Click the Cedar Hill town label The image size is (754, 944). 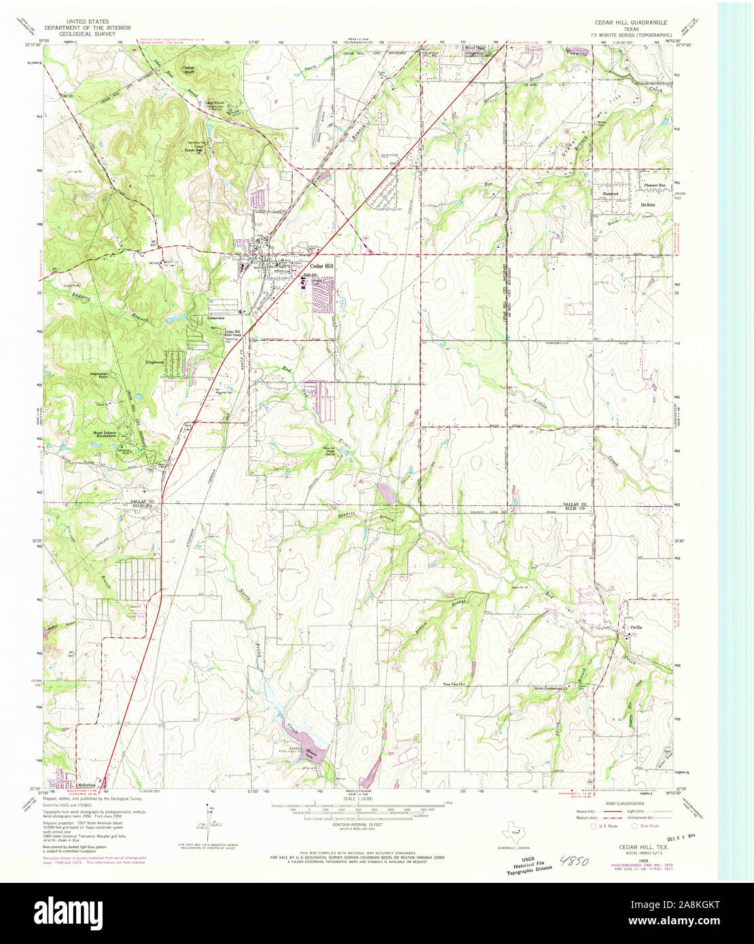point(322,266)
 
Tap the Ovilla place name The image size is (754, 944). point(635,627)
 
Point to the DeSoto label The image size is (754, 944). point(647,204)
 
